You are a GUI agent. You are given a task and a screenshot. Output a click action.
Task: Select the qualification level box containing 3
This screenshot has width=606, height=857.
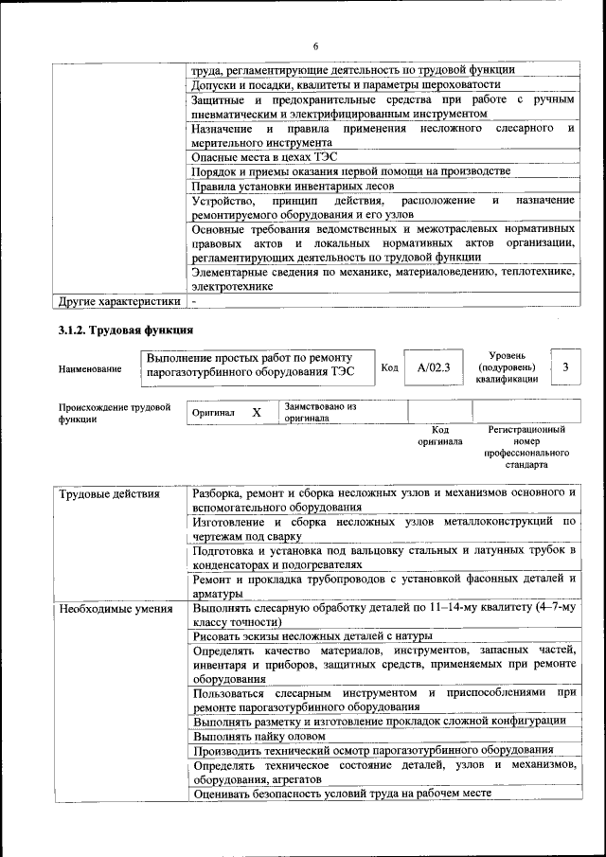pyautogui.click(x=565, y=367)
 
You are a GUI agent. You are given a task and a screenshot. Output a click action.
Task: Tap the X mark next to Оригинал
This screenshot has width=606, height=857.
pyautogui.click(x=256, y=413)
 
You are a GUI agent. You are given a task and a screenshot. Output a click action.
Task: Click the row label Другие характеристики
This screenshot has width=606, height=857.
pyautogui.click(x=118, y=301)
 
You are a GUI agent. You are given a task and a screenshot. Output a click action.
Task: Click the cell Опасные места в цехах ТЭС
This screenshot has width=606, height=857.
pyautogui.click(x=264, y=156)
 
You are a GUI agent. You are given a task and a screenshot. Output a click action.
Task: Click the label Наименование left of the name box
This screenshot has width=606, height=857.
pyautogui.click(x=90, y=369)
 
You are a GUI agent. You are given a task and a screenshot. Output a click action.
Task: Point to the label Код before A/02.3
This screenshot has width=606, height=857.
pyautogui.click(x=389, y=367)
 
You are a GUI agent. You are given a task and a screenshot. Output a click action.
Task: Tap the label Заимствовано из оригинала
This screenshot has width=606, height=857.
pyautogui.click(x=320, y=411)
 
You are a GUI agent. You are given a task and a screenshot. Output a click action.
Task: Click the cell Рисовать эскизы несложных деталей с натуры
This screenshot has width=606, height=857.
pyautogui.click(x=312, y=636)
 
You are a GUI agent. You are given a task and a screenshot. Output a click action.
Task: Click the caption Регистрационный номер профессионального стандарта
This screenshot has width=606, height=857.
pyautogui.click(x=526, y=447)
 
